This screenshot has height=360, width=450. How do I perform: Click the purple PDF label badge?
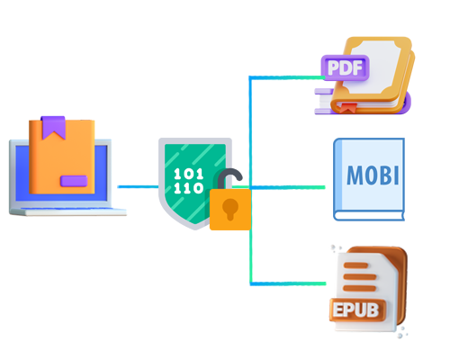[x=345, y=67]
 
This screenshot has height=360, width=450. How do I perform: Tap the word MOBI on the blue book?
[x=373, y=175]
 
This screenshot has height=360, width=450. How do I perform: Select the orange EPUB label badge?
[x=357, y=310]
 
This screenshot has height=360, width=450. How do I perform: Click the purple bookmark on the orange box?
[x=53, y=128]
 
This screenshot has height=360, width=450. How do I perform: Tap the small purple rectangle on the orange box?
[x=74, y=181]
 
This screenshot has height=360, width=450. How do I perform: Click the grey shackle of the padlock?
[x=229, y=178]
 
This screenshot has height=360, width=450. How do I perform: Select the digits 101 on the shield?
[x=189, y=174]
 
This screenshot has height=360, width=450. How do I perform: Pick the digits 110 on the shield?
[x=189, y=188]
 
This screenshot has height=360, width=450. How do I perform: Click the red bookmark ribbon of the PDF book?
[x=347, y=108]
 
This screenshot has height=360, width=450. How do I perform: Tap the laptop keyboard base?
[x=67, y=211]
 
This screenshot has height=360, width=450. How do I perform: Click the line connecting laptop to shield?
[x=138, y=186]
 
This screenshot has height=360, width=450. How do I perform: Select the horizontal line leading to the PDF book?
[x=287, y=77]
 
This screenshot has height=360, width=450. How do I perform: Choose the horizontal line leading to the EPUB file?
[x=288, y=283]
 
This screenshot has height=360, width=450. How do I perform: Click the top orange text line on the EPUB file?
[x=355, y=265]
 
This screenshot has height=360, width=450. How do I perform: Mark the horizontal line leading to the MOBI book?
[x=287, y=187]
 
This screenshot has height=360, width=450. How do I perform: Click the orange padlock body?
[x=230, y=210]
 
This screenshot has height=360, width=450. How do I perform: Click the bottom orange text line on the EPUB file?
[x=359, y=288]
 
